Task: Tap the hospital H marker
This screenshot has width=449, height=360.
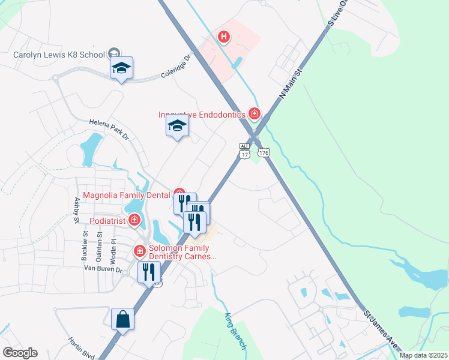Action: coord(224,37)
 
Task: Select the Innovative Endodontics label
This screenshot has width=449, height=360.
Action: coord(202,114)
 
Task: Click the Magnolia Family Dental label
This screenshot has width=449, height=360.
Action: coord(127,195)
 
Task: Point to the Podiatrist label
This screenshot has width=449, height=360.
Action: coord(104,220)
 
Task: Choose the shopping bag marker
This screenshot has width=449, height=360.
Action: coord(122,320)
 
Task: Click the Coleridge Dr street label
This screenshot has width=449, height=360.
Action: coord(175,67)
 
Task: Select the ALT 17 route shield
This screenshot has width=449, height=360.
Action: coord(244,151)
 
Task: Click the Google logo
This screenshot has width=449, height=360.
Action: coord(20,353)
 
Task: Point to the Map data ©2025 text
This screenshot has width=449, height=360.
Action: coord(423,355)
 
